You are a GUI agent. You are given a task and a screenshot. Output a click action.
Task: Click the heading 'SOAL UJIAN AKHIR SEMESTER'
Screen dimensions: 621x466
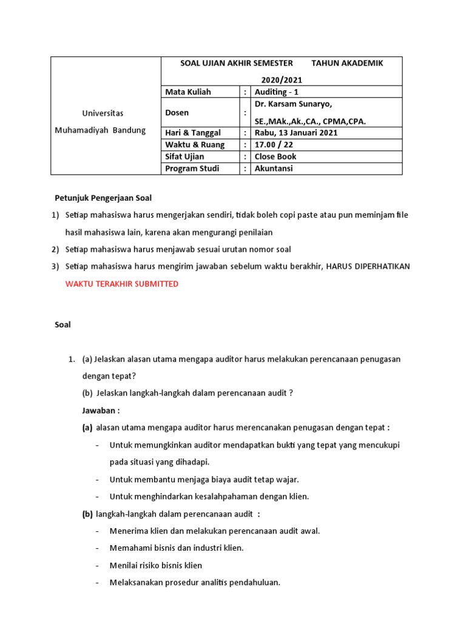coord(237,64)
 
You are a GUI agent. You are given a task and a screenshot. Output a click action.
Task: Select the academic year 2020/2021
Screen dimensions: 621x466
coord(282,80)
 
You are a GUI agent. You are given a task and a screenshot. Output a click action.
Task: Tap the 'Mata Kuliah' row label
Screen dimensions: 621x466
coord(188,92)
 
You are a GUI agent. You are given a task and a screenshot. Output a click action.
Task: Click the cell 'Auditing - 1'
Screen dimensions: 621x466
coord(277,92)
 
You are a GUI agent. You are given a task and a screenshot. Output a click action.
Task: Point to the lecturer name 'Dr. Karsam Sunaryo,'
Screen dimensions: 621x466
coord(293,104)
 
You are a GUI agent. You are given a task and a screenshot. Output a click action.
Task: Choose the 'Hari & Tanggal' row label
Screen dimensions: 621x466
coord(193,133)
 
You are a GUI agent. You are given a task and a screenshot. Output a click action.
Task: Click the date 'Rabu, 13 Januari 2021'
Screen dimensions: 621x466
coord(296,133)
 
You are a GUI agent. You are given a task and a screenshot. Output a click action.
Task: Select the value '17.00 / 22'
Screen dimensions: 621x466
coord(273,144)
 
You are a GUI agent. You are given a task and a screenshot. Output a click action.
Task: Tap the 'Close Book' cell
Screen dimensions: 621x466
coord(275,156)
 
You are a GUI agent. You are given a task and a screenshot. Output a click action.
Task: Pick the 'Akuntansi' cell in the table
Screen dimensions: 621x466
coord(274,169)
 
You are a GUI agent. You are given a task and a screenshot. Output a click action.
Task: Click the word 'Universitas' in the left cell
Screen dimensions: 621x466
coord(103,113)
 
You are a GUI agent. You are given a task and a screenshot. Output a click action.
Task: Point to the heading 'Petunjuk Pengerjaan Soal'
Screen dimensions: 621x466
coord(103,198)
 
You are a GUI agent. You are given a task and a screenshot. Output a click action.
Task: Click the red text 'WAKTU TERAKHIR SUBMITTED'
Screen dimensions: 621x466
coord(122,284)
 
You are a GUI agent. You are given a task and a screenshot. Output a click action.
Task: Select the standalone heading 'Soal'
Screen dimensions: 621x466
coord(62,324)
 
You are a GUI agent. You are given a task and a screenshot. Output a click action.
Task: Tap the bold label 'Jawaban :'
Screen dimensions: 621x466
coord(101,410)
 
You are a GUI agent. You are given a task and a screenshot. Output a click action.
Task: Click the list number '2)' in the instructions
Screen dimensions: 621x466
coord(55,249)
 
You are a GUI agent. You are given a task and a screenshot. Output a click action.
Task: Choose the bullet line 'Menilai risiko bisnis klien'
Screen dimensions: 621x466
coord(156,565)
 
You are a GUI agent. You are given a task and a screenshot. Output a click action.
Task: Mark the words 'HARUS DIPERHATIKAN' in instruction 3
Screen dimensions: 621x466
coord(368,267)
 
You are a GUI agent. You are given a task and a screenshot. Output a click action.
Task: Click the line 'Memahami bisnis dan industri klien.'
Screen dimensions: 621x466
coord(176,548)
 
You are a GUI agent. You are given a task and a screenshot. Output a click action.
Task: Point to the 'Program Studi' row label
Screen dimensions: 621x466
coord(192,169)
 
